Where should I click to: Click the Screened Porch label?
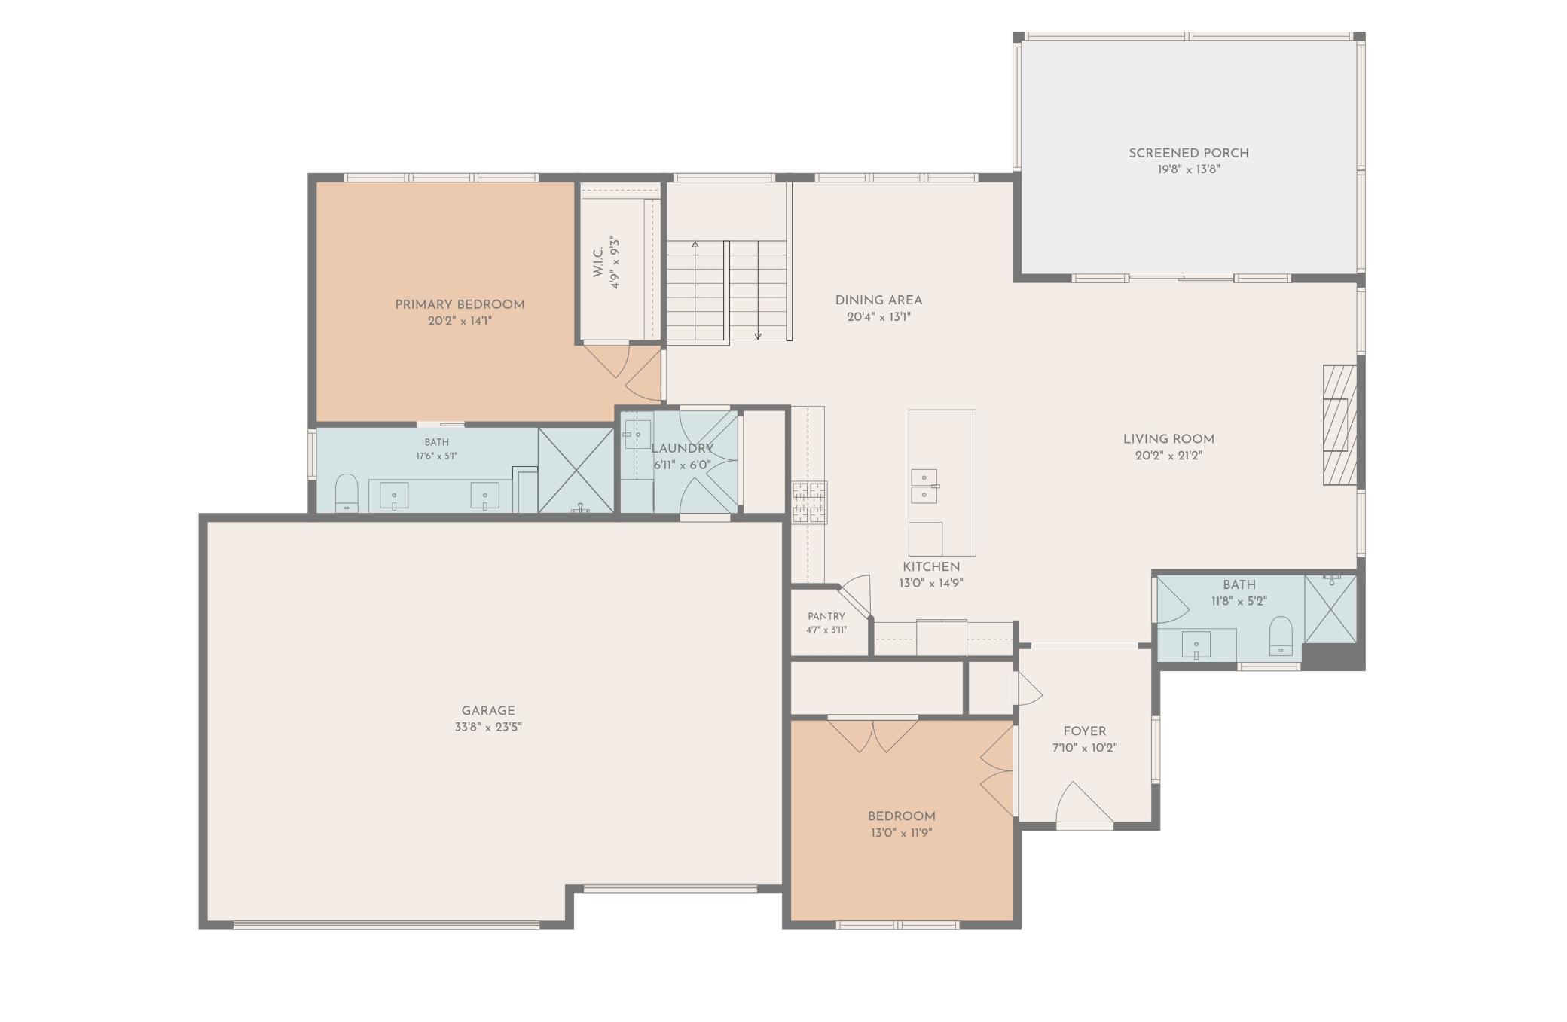click(1189, 153)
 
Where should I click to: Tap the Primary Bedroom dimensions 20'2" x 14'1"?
click(460, 321)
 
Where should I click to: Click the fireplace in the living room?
click(1339, 425)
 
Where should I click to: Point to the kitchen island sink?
click(924, 486)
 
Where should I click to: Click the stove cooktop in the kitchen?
click(809, 502)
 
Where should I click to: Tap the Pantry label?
click(826, 616)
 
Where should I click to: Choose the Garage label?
click(488, 710)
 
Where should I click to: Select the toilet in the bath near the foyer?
click(1281, 636)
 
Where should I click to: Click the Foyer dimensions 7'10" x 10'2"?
click(1085, 748)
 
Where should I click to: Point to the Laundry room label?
click(682, 449)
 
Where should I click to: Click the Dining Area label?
click(878, 300)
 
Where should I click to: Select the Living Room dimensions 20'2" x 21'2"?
click(1168, 456)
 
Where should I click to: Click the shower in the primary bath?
click(576, 471)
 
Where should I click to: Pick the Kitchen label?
click(931, 566)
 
